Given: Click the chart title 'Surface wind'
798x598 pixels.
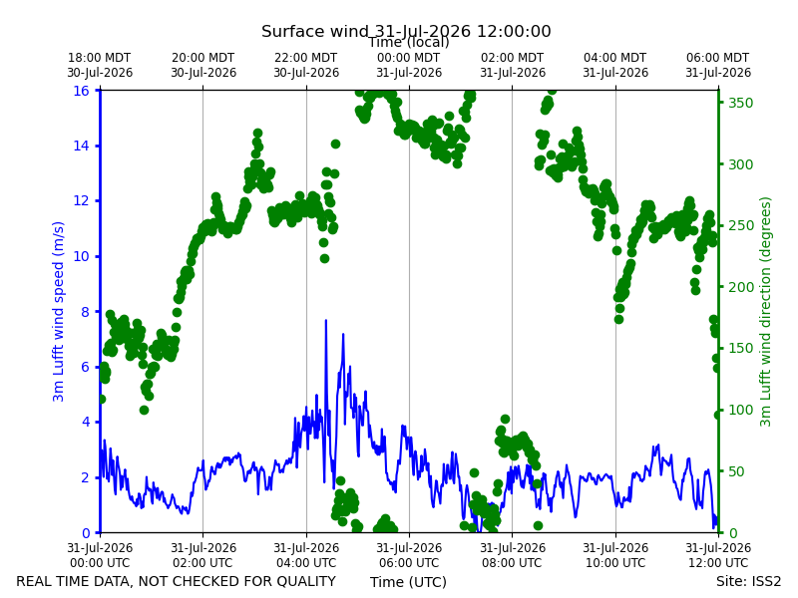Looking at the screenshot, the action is point(314,32).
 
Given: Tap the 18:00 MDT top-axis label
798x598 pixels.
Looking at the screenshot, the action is point(100,65).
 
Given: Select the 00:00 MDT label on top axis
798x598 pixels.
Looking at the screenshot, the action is point(409,65).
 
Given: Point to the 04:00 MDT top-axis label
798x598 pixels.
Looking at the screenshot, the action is point(615,65).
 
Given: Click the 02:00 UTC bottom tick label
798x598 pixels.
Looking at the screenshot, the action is point(203,555).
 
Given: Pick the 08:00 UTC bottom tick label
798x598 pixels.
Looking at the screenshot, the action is point(513,555).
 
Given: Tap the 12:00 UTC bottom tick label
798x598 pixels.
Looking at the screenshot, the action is point(718,555).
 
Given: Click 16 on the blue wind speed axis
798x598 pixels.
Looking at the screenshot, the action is point(82,91).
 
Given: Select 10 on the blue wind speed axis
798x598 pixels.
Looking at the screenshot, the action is point(82,256).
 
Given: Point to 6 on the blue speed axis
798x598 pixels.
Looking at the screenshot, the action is point(85,367).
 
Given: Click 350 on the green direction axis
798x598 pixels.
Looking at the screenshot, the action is point(740,103).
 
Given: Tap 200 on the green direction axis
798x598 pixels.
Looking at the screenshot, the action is point(740,287).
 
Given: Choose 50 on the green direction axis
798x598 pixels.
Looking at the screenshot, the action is point(736,471).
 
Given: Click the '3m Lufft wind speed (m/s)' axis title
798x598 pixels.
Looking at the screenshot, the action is point(59,311).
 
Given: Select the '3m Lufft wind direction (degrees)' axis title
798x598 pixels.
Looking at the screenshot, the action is point(765,312).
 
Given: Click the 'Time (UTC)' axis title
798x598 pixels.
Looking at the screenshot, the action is point(408,582).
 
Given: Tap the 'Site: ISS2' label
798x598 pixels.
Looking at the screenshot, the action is point(748,581).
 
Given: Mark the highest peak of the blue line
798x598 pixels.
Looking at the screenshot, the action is point(326,320).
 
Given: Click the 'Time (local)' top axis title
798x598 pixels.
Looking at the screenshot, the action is point(409,42).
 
